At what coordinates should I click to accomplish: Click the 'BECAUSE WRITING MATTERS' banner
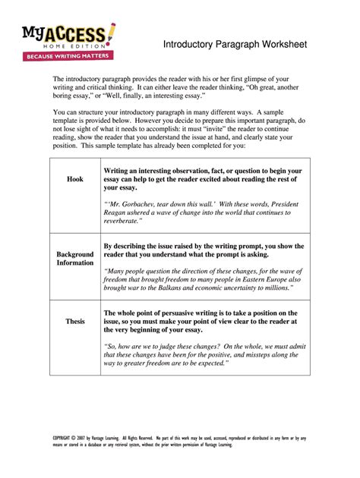[68, 56]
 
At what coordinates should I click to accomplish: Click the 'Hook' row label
[75, 179]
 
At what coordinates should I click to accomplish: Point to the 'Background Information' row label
[75, 258]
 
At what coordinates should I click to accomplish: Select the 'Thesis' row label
[75, 321]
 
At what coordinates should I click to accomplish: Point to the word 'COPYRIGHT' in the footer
[66, 438]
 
